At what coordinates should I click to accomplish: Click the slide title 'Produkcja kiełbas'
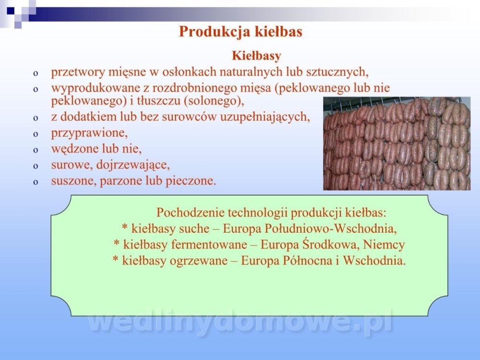point(240,32)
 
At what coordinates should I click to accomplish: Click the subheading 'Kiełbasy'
point(256,56)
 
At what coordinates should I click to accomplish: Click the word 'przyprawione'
point(88,133)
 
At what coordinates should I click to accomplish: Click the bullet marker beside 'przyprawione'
point(36,134)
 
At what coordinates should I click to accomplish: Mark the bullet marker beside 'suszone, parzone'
point(36,182)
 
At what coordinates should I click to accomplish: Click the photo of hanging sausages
point(397,144)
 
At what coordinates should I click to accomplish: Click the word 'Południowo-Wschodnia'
point(330,228)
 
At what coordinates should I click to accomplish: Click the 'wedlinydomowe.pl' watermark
point(240,323)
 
